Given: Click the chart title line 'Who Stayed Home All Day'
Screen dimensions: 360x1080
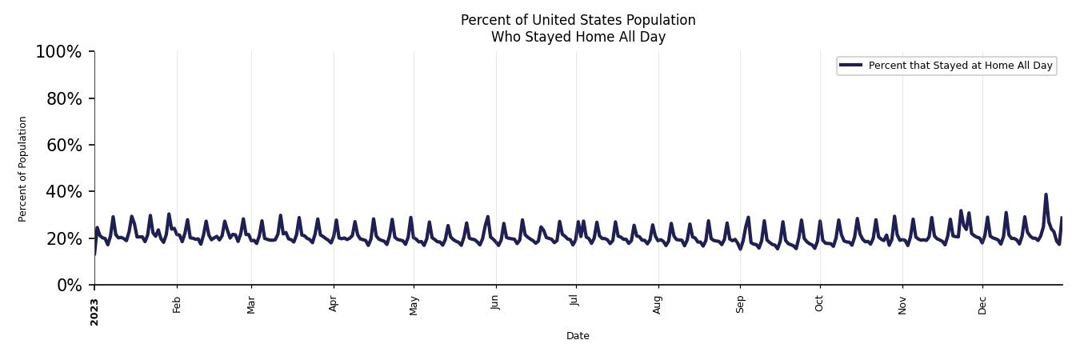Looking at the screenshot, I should point(578,37).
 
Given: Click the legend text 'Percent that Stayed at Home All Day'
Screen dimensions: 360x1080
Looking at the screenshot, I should point(960,66).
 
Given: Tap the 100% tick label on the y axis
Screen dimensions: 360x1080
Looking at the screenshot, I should point(58,52).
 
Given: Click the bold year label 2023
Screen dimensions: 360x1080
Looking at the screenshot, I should point(94,311).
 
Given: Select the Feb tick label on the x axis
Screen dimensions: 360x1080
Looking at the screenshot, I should point(177,304).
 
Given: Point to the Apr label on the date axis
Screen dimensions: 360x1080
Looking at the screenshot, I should point(334,304).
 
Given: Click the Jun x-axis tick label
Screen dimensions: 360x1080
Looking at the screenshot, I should point(496,302).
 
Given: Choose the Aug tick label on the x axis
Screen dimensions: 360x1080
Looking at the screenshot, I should point(658,304).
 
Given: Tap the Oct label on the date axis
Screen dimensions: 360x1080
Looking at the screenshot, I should point(819,303).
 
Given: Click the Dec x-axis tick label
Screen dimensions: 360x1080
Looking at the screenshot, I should point(982,304).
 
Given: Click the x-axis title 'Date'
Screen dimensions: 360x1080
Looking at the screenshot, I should point(578,336).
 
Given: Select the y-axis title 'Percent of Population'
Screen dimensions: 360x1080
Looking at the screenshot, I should point(23,169).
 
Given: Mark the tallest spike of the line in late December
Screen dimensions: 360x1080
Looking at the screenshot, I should point(1046,194).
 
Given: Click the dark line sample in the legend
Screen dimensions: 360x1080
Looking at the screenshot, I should point(851,66).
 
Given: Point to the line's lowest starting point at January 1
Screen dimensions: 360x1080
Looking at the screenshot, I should point(94,254).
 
